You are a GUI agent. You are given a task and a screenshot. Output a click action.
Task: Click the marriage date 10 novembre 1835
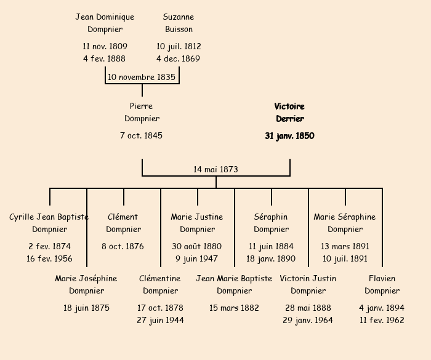pos(142,78)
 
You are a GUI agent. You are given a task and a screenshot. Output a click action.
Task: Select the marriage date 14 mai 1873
pos(216,169)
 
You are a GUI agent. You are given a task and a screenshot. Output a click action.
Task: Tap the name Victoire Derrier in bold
pos(289,113)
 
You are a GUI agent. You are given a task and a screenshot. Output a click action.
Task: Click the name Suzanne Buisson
pos(179,23)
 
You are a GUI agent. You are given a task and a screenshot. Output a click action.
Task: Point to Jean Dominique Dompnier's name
pos(105,23)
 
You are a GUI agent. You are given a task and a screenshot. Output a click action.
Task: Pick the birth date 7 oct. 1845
pos(141,135)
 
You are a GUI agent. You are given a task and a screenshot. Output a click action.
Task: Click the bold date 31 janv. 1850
pos(289,136)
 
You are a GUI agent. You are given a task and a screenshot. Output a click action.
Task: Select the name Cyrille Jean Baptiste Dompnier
pos(49,223)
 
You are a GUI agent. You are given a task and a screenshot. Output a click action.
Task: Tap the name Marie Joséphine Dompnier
pos(86,284)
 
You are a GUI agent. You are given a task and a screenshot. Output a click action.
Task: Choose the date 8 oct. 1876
pos(123,246)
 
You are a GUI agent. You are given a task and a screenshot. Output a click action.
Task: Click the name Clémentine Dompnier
pos(160,284)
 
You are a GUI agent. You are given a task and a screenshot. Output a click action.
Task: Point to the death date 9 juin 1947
pos(197,258)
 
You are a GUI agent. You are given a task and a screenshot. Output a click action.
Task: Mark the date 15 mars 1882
pos(234,308)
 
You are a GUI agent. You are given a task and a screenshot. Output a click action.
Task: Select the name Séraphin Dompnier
pos(271,223)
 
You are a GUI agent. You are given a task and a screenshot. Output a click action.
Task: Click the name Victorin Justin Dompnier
pos(308,284)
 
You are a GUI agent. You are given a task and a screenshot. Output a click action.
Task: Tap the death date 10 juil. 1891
pos(345,258)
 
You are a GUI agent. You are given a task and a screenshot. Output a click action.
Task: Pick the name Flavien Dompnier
pos(382,284)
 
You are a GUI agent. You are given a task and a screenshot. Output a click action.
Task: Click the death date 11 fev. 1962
pos(382,320)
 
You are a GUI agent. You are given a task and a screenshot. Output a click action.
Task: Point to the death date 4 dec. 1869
pos(178,59)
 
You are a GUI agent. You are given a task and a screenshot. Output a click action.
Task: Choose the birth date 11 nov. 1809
pos(105,46)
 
